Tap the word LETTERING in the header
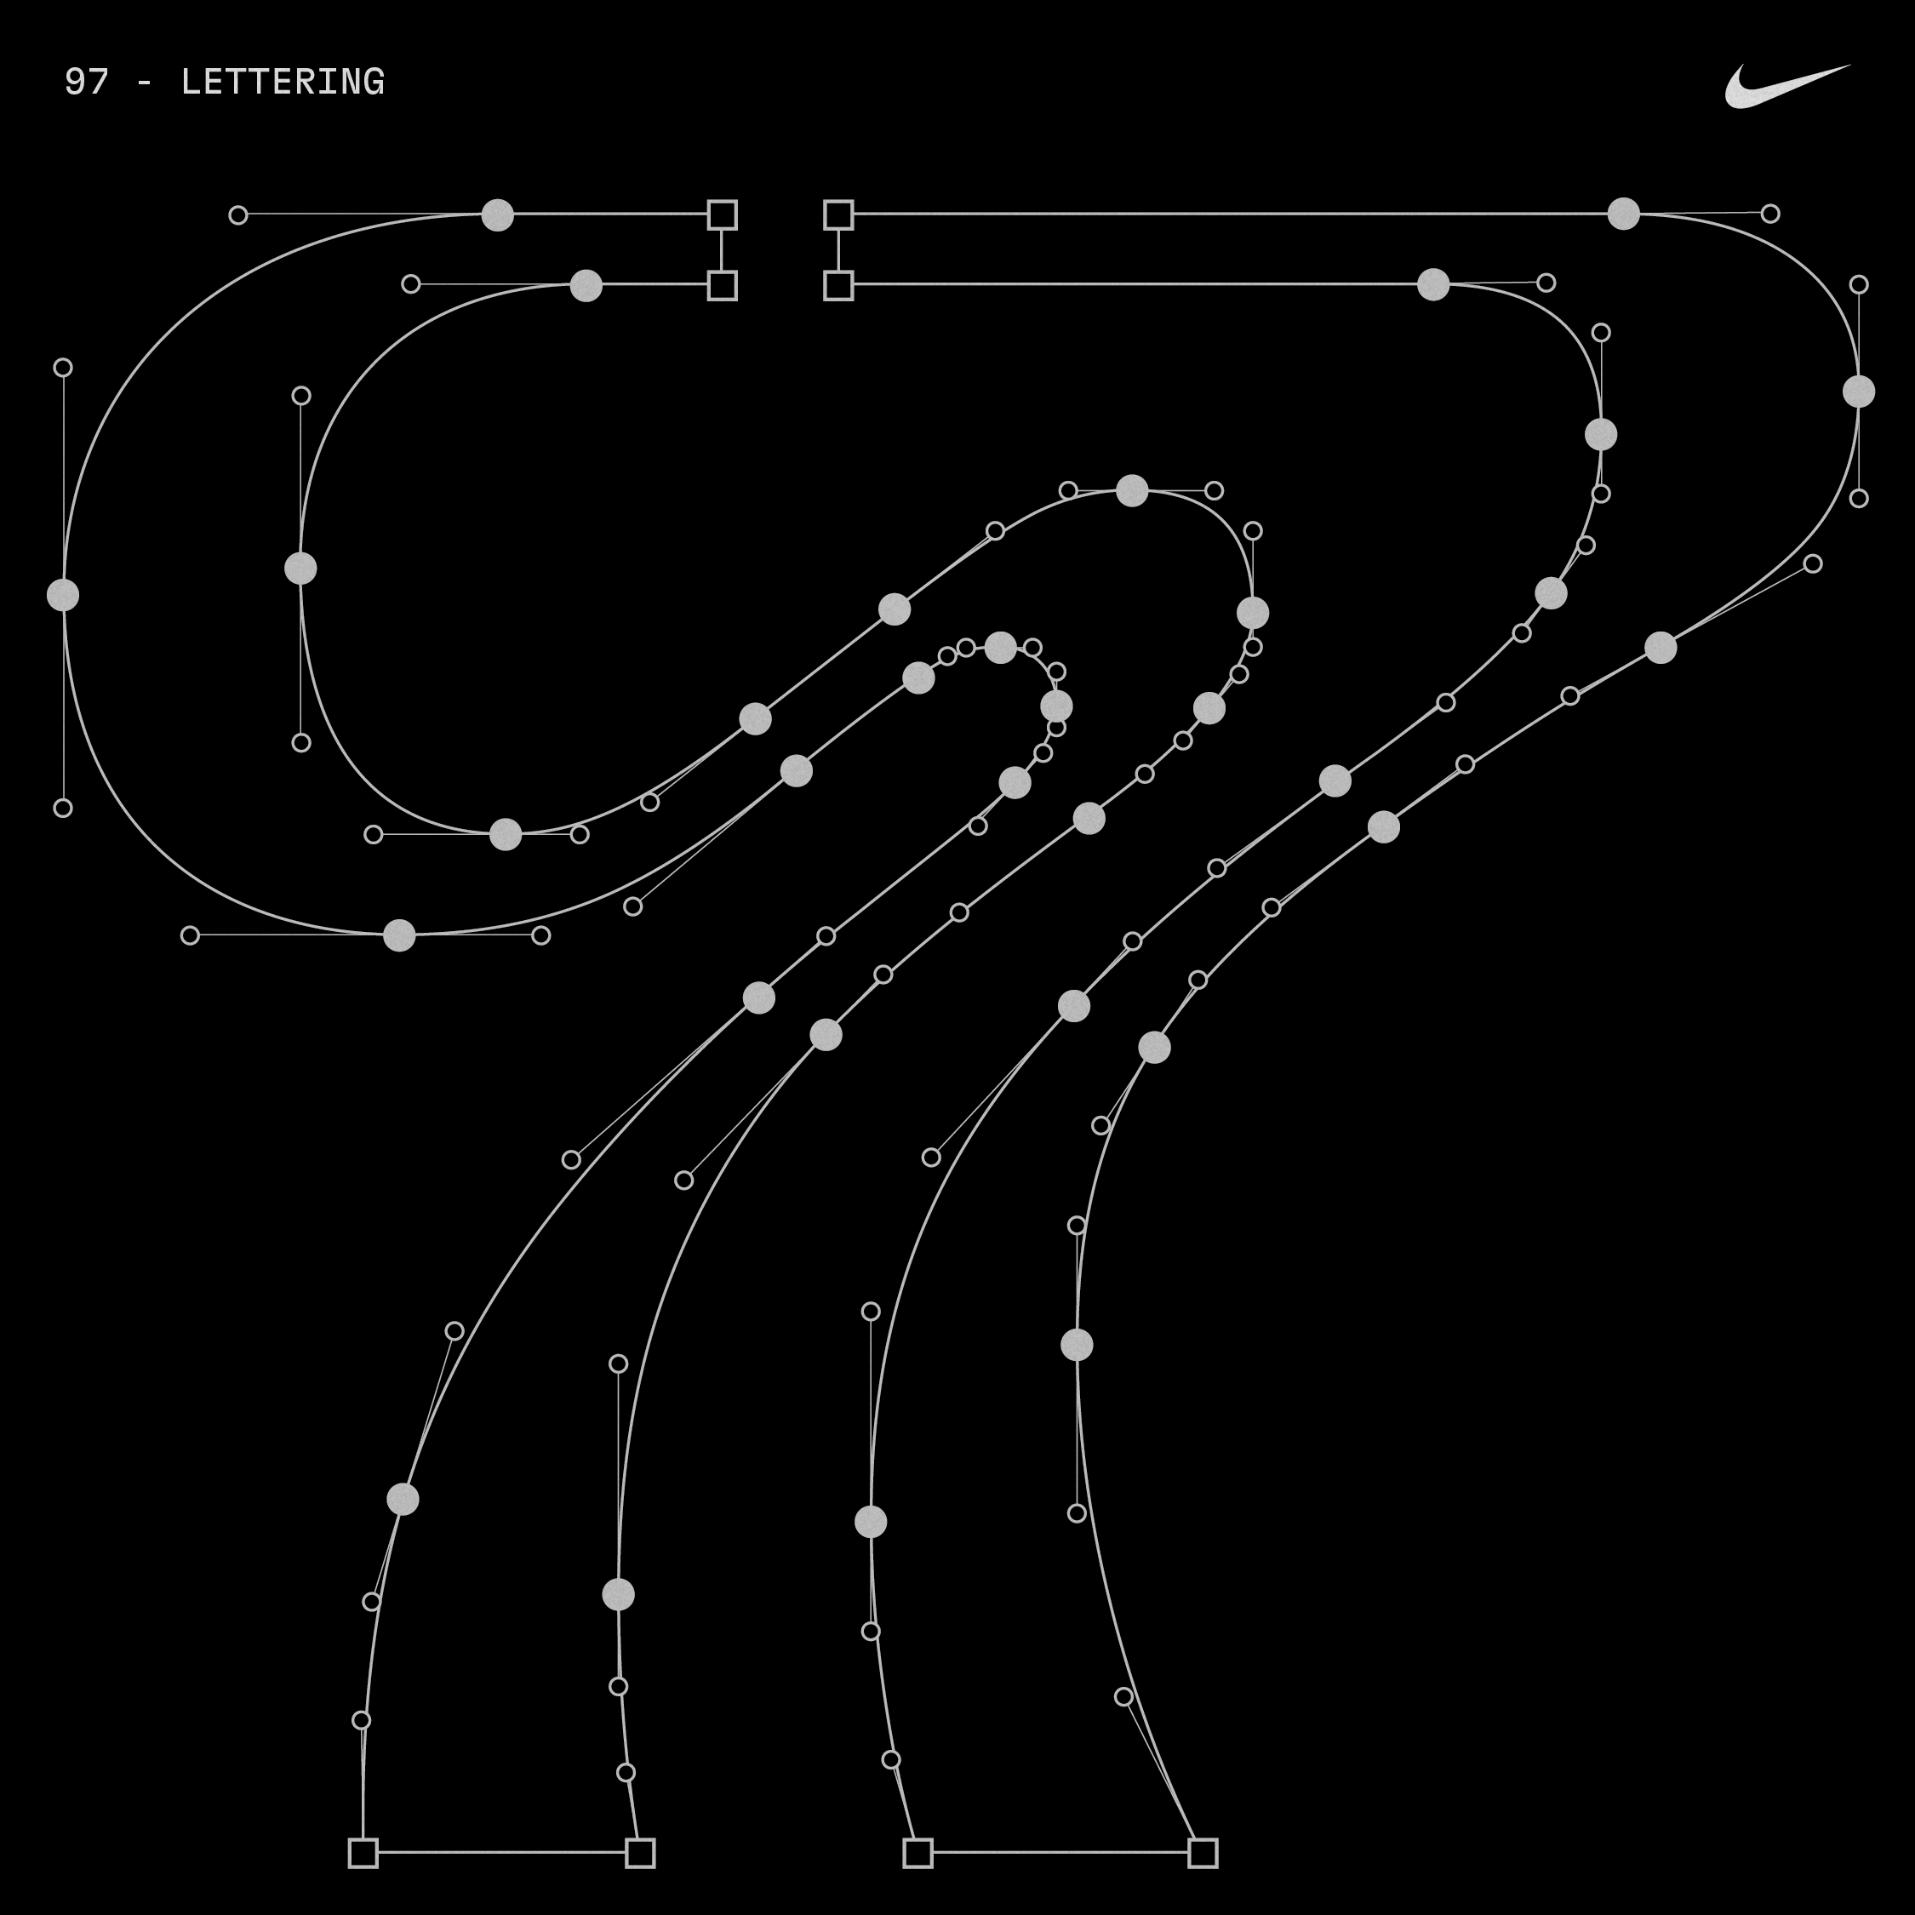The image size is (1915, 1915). (283, 83)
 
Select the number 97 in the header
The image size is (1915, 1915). (86, 83)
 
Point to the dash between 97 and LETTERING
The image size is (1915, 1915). (145, 83)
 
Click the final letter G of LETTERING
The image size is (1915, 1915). (374, 83)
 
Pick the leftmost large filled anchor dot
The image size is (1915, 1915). (62, 595)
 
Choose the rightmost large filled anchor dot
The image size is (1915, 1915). (1859, 392)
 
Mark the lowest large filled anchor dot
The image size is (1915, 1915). (618, 1594)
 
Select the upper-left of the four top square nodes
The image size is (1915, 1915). (722, 214)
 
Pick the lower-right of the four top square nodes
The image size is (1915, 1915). (837, 285)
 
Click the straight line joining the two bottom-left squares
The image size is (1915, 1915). (500, 1851)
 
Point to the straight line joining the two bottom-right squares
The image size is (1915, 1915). (1060, 1851)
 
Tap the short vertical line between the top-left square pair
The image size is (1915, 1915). (722, 249)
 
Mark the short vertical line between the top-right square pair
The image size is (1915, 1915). (837, 249)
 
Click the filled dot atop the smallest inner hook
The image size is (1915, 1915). (1000, 647)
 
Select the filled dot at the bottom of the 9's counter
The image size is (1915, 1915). (506, 833)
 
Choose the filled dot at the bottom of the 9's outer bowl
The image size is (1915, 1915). (399, 935)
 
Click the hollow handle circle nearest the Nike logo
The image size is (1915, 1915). (1770, 213)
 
